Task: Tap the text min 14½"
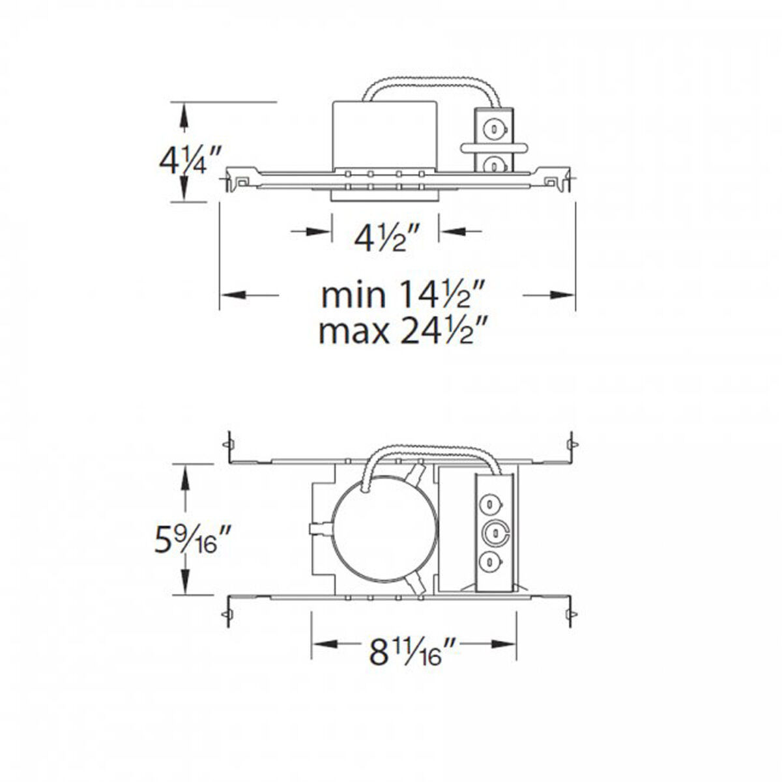tap(404, 295)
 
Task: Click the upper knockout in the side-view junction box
tap(496, 129)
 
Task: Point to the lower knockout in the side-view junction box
tap(496, 166)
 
